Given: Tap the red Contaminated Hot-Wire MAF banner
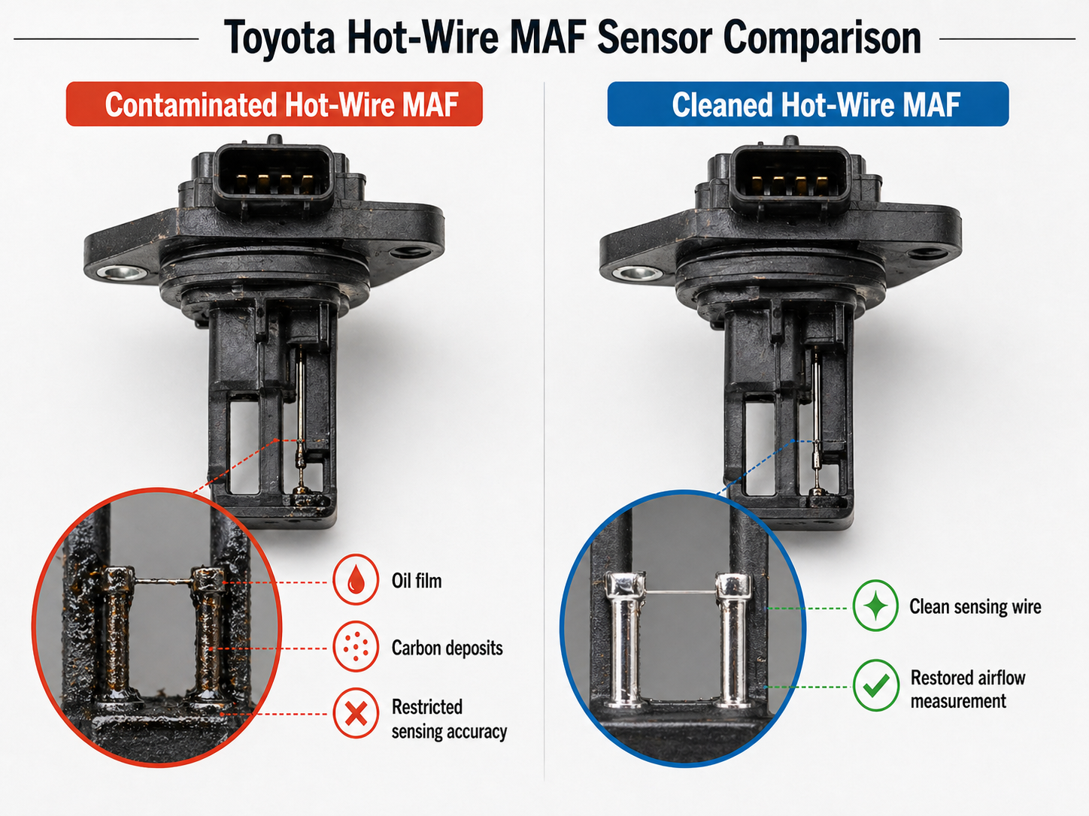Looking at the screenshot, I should [x=275, y=104].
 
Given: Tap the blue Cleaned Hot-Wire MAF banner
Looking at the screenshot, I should [x=808, y=104].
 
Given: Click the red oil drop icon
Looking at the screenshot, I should [x=356, y=580].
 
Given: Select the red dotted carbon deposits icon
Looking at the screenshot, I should [x=356, y=646].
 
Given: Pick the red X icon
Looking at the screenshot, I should [x=356, y=713].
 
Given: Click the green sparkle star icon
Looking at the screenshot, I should [x=875, y=606].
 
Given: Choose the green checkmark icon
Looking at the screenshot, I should [x=875, y=685].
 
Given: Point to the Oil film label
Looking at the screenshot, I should [x=417, y=581].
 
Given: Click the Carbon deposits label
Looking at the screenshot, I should [x=447, y=648].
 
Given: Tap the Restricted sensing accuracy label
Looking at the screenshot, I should [x=448, y=719].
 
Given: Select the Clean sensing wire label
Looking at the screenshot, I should [x=975, y=606].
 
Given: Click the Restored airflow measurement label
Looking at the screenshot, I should [x=967, y=689].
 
